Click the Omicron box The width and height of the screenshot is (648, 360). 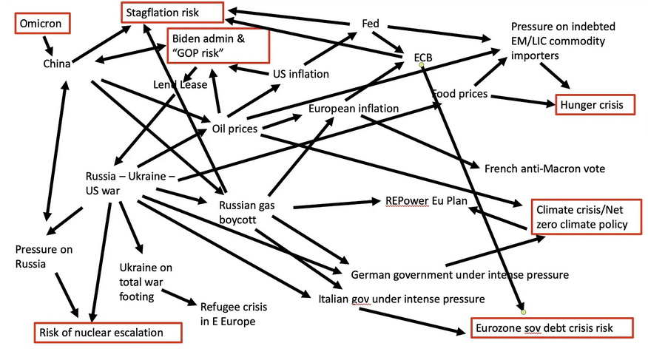[43, 24]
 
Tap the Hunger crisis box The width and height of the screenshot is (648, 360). [596, 105]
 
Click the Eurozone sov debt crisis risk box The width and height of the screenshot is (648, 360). [553, 327]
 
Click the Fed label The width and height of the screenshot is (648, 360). [370, 24]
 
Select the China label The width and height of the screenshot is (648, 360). [57, 64]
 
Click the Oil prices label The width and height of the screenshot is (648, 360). [234, 129]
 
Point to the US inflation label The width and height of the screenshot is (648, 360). [301, 73]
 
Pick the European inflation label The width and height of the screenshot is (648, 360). [354, 109]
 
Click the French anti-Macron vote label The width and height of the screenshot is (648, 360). [544, 169]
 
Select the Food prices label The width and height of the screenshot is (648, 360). [459, 94]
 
